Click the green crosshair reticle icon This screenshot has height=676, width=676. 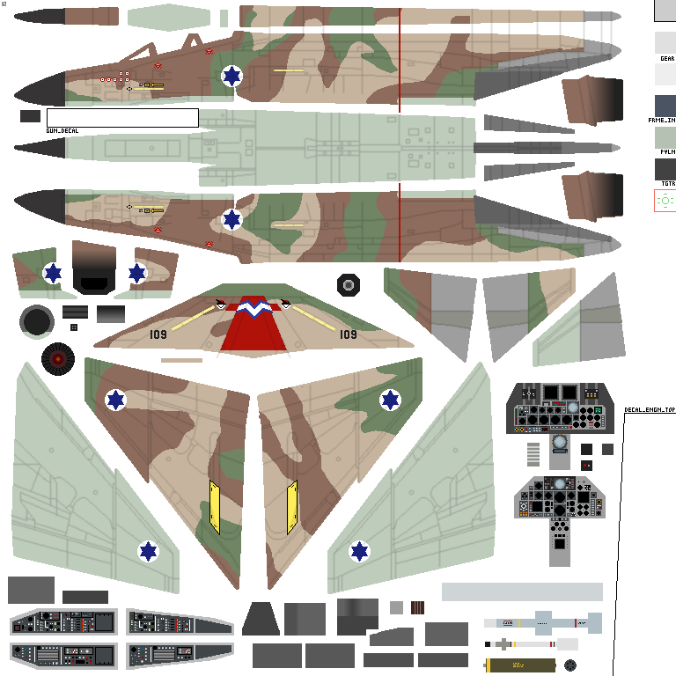tap(665, 201)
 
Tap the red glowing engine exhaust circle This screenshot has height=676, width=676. tap(58, 358)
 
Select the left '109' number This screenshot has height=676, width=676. tap(158, 334)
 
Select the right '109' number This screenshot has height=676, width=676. tap(349, 334)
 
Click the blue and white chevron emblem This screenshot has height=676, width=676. tap(253, 309)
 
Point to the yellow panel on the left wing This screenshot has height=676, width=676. tap(214, 507)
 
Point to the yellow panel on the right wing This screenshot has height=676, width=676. tap(292, 507)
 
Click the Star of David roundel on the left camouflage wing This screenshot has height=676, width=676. tap(115, 400)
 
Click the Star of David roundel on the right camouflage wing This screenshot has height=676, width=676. tap(390, 400)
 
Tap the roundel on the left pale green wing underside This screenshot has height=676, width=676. tap(149, 552)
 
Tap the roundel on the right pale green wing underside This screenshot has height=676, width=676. tap(359, 552)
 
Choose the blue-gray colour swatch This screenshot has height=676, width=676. tap(665, 107)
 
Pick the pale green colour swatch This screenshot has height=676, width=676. tap(665, 138)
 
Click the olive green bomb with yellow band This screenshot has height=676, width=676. tap(520, 665)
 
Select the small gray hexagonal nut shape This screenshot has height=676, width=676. tap(349, 285)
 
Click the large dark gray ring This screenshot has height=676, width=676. tap(37, 322)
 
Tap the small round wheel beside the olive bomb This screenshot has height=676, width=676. tap(570, 665)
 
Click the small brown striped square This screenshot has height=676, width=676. tap(417, 607)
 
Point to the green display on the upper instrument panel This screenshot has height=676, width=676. tap(599, 410)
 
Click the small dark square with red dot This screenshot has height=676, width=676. tap(587, 465)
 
